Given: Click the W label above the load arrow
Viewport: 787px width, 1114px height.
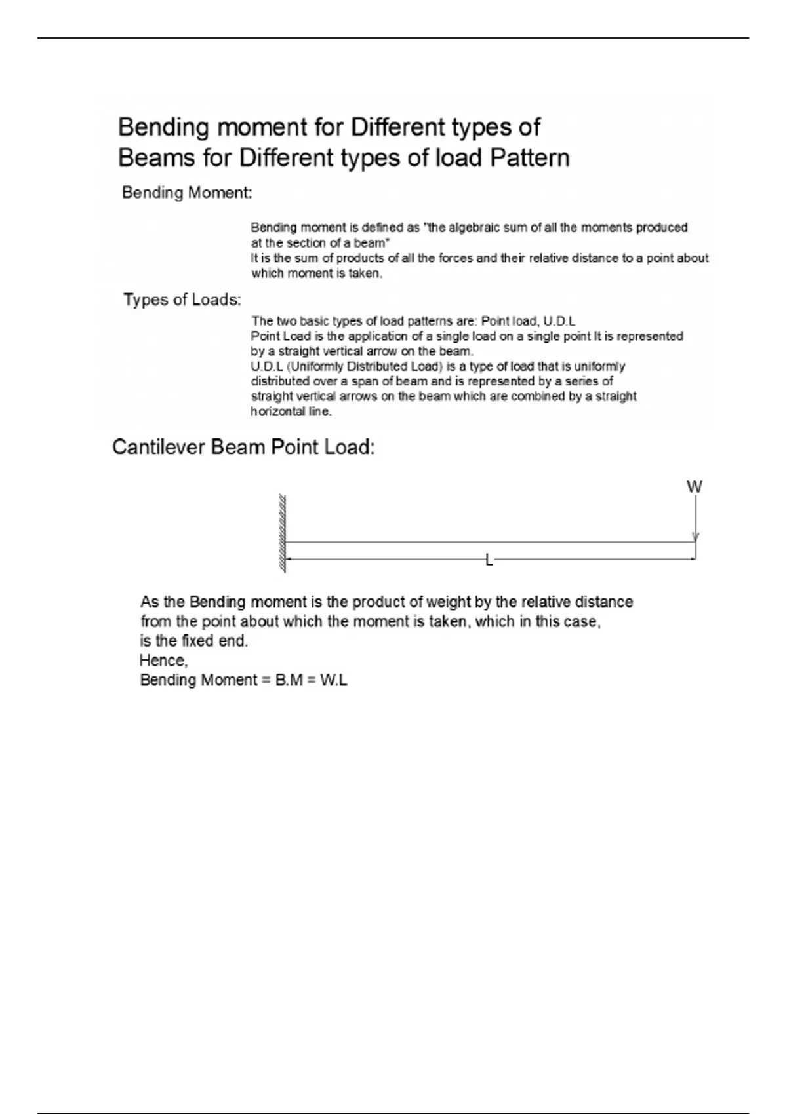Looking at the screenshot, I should [x=694, y=487].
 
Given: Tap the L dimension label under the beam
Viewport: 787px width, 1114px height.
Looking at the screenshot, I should [x=489, y=560].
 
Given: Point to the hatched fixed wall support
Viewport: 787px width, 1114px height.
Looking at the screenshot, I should [x=283, y=533].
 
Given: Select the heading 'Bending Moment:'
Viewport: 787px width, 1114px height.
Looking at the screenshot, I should [x=187, y=193].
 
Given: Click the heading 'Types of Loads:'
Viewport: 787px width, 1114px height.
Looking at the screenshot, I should [x=182, y=300].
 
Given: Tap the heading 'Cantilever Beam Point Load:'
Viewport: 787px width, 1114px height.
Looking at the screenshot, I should [x=243, y=448].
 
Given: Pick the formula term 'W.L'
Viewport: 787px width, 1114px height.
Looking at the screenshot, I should [x=334, y=680].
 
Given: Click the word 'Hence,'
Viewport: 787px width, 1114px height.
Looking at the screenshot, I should [x=164, y=661].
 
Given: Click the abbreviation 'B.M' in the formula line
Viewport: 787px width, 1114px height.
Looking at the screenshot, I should [x=289, y=680].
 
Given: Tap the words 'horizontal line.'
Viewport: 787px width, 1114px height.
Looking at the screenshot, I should [x=291, y=412].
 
